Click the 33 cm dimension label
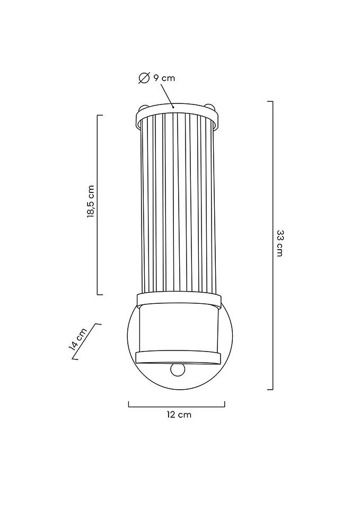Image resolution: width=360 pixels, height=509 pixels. pyautogui.click(x=279, y=243)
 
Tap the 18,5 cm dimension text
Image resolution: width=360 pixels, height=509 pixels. pyautogui.click(x=91, y=201)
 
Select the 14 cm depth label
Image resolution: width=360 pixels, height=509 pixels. pyautogui.click(x=78, y=339)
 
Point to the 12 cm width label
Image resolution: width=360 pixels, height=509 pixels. pyautogui.click(x=179, y=415)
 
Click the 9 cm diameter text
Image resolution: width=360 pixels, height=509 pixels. pyautogui.click(x=164, y=78)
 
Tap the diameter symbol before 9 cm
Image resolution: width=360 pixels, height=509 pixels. pyautogui.click(x=144, y=78)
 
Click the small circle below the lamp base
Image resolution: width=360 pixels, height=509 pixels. pyautogui.click(x=178, y=370)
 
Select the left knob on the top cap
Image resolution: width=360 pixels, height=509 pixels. pyautogui.click(x=143, y=107)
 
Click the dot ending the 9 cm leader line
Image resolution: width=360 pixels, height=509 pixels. pyautogui.click(x=173, y=107)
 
